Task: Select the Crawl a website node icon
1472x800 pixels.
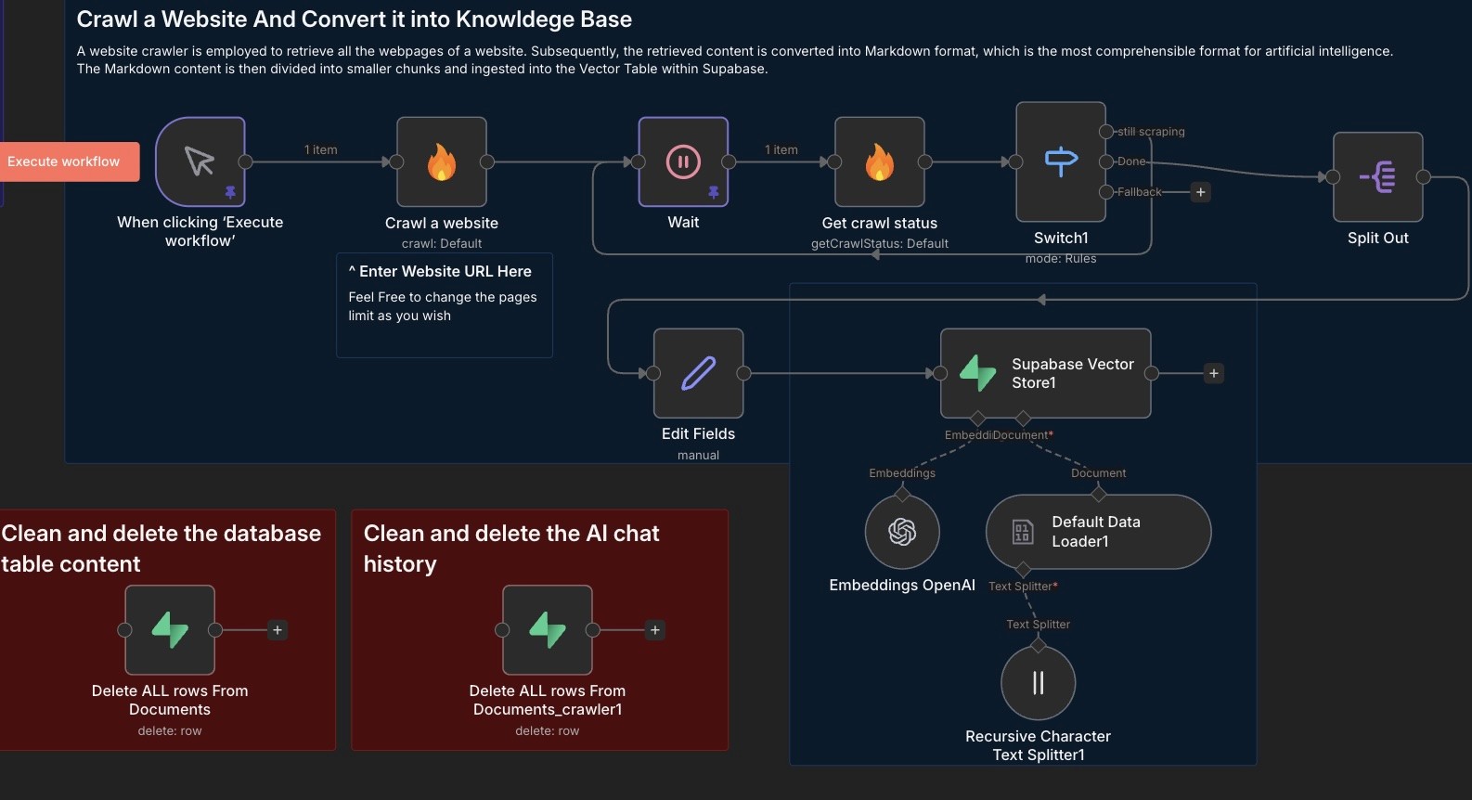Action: tap(442, 162)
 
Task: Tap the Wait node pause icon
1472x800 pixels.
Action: tap(683, 161)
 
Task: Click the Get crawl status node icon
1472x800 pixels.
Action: tap(879, 162)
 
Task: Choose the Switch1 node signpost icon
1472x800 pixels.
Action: tap(1061, 161)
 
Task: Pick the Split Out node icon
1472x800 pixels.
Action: tap(1377, 176)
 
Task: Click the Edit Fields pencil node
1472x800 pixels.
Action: tap(698, 373)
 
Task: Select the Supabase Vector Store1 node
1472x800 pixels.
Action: tap(1045, 373)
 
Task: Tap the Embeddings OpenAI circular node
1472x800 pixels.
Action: tap(902, 532)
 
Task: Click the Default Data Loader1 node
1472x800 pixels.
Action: tap(1098, 532)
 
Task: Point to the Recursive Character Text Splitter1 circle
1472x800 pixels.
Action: tap(1038, 683)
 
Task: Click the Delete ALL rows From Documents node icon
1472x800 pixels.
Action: tap(170, 630)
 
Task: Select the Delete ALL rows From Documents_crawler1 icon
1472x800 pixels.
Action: tap(548, 630)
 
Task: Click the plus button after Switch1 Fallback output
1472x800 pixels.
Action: tap(1200, 192)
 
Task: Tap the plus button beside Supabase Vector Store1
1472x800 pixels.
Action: tap(1213, 373)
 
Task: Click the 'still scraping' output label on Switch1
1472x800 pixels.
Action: tap(1151, 132)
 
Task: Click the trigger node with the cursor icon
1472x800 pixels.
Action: tap(200, 161)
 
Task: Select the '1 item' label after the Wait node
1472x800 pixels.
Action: tap(781, 149)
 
